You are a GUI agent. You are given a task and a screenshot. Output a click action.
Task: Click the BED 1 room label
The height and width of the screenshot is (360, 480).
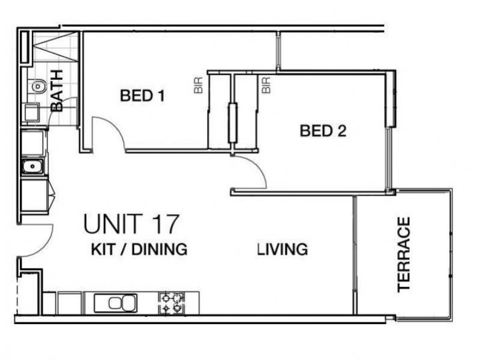143,95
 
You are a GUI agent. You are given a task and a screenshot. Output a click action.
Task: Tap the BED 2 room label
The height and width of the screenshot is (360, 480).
323,131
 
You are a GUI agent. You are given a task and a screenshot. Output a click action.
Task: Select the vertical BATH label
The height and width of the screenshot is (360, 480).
57,91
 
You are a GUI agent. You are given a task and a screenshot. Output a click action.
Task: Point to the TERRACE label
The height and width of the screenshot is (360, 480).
404,254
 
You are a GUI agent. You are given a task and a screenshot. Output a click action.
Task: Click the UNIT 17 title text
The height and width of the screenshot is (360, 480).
131,224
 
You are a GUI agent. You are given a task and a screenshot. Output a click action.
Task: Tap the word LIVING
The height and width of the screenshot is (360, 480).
283,249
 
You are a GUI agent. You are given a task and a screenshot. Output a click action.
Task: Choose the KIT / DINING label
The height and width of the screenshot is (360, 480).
139,249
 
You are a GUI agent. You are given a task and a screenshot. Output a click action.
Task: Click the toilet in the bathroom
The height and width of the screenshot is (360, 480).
37,86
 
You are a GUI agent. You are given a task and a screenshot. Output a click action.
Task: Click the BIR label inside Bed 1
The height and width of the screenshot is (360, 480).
198,85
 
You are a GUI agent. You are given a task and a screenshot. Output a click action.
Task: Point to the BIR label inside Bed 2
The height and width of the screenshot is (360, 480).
266,85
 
